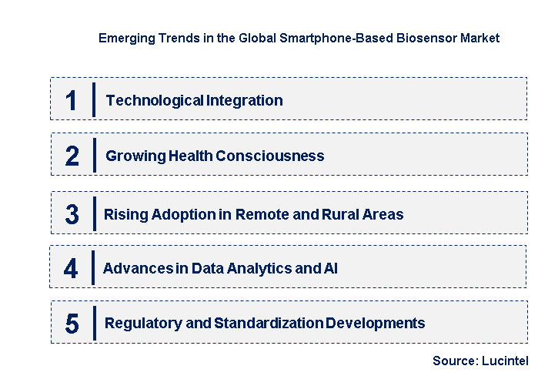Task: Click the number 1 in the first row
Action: click(x=72, y=100)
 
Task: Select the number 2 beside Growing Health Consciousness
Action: click(x=72, y=156)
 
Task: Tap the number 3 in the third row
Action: click(x=72, y=215)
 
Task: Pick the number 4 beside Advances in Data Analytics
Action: click(x=71, y=269)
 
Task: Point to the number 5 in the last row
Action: click(x=72, y=324)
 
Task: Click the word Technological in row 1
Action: click(x=144, y=100)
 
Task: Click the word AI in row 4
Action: click(x=330, y=269)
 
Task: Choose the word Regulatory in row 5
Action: click(x=136, y=323)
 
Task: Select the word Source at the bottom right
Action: click(x=453, y=361)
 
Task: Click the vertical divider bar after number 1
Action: click(x=93, y=100)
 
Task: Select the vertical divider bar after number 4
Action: click(x=92, y=269)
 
